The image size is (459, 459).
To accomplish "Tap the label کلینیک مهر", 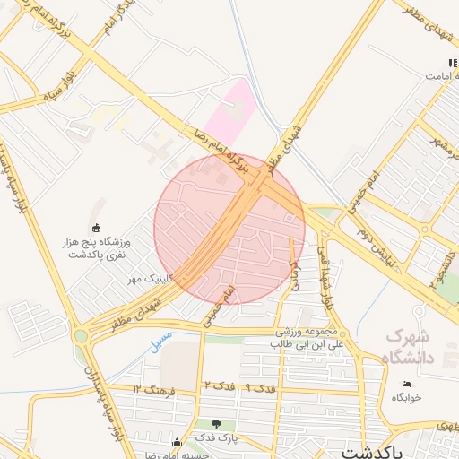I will click(149, 279).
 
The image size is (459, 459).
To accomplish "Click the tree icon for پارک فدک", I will click(216, 424).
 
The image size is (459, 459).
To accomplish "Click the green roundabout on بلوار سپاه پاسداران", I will click(82, 336).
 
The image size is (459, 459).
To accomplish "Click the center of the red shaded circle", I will click(229, 229).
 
